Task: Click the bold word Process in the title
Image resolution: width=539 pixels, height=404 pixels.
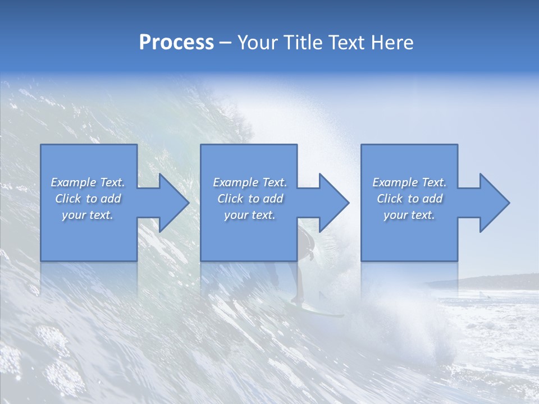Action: point(176,43)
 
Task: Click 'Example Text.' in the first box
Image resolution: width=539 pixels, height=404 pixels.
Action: point(88,182)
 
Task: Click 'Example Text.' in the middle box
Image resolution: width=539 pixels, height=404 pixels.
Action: point(250,182)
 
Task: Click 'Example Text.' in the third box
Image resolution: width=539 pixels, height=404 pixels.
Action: point(409,182)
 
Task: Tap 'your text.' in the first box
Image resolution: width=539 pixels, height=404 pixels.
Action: point(88,215)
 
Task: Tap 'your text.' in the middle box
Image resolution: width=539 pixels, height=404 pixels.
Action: point(250,215)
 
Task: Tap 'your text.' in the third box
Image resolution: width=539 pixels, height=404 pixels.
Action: point(409,215)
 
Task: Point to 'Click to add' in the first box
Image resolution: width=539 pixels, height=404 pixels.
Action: point(88,199)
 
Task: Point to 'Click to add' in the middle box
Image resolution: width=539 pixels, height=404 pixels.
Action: point(250,199)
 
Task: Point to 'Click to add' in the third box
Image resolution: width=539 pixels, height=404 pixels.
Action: point(409,199)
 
